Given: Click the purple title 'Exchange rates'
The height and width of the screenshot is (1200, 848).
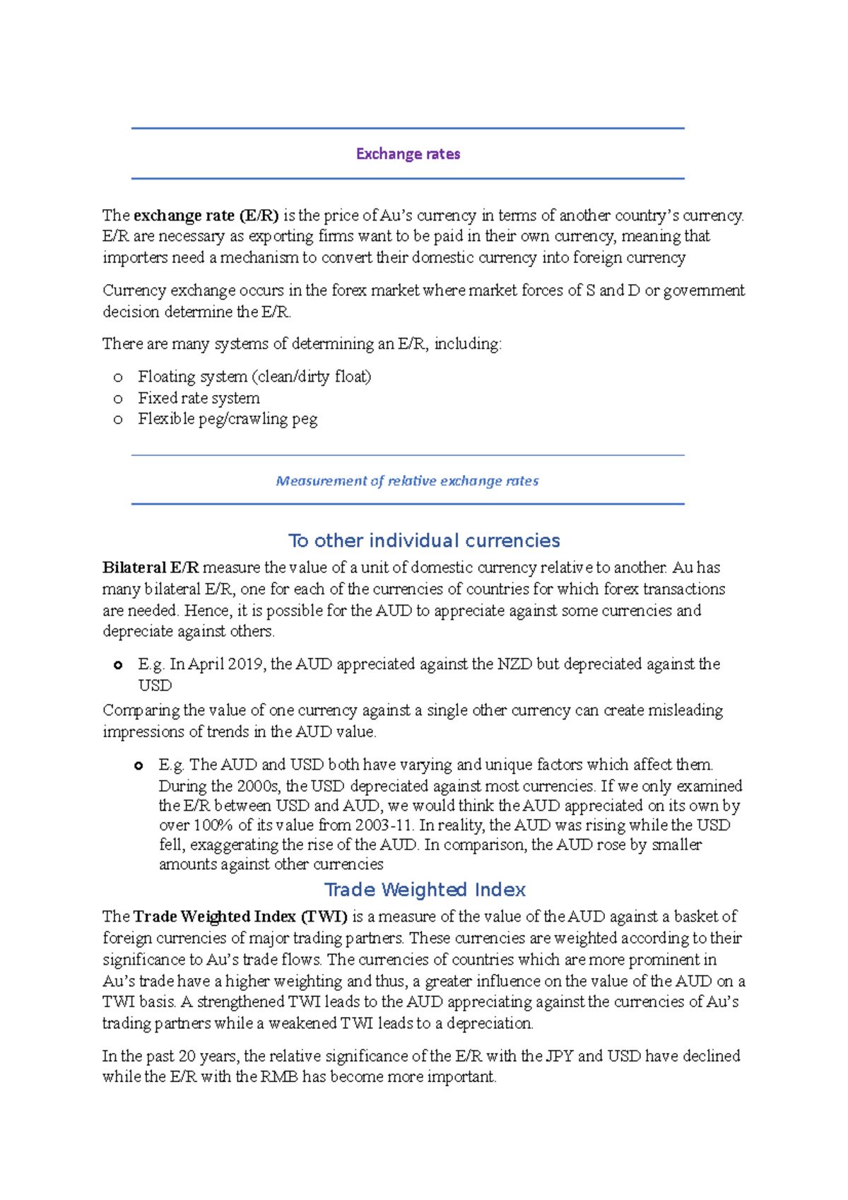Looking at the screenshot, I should [x=408, y=154].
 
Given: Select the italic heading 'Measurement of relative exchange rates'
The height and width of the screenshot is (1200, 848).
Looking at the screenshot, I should [x=407, y=481].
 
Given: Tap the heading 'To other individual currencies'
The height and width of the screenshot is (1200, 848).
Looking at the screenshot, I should [x=424, y=541].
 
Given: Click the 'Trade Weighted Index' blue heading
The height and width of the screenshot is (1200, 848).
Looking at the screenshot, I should [x=425, y=890].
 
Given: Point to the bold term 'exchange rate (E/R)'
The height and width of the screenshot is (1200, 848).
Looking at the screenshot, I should [x=206, y=216].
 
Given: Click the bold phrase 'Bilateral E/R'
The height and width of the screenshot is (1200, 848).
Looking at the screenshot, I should [x=151, y=567].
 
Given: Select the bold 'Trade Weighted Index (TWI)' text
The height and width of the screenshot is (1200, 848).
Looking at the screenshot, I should [x=240, y=917].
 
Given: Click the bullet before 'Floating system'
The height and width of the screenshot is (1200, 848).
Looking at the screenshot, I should [x=118, y=377].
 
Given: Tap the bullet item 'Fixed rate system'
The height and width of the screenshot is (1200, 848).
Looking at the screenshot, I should [x=199, y=399].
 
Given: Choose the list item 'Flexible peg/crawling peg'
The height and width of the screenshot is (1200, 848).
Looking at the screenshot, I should [x=228, y=419].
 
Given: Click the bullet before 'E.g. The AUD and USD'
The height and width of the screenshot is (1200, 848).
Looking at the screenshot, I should [x=139, y=765].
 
